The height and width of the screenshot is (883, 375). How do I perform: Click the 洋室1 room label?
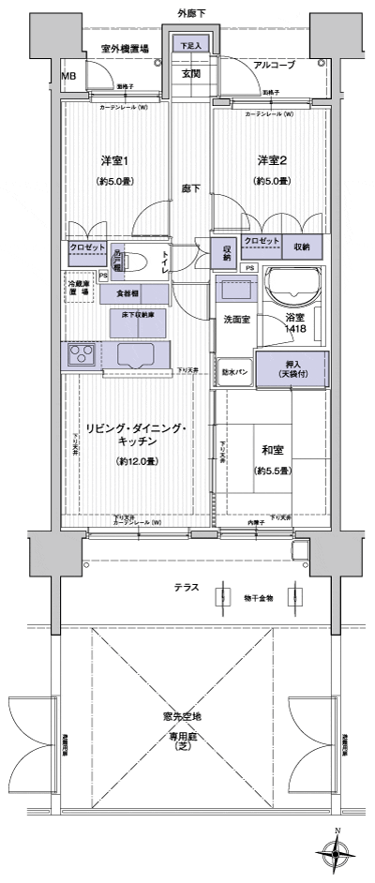click(x=115, y=160)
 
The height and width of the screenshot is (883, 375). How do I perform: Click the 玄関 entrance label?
click(x=191, y=73)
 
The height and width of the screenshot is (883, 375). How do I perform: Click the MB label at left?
click(x=68, y=76)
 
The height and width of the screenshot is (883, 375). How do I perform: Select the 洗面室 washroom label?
click(x=235, y=320)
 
